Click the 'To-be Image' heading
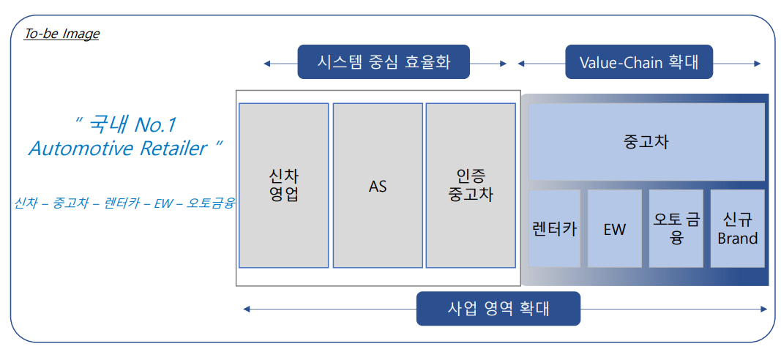pos(61,34)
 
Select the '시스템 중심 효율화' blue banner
pos(383,62)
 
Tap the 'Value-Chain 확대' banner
pos(638,62)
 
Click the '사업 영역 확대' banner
pos(498,309)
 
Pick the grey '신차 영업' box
pos(283,185)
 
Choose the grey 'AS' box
pos(378,185)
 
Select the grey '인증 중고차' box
pos(470,185)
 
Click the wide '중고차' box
pos(646,141)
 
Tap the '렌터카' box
pos(554,228)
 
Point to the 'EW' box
pos(615,228)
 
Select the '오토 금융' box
pos(676,228)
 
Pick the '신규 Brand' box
pos(737,228)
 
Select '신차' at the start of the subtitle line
pos(26,203)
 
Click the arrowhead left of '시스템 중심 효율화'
pos(267,64)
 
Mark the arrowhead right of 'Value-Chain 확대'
pos(758,64)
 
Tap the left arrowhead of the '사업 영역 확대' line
pos(247,309)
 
